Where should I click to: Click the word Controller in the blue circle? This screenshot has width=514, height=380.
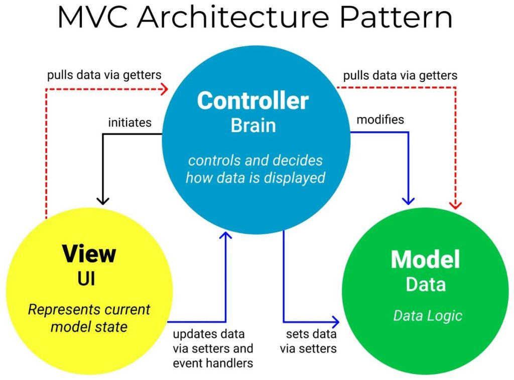point(252,101)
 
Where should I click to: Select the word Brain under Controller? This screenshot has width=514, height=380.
point(253,125)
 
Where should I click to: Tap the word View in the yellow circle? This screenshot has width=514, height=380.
point(89,254)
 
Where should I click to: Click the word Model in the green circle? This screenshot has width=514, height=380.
point(425,259)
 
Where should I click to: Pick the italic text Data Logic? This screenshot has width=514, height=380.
point(427,316)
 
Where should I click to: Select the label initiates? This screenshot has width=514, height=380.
point(130,123)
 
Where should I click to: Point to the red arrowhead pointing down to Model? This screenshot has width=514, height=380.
point(456,204)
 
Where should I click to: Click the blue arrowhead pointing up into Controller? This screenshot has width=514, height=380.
point(227,236)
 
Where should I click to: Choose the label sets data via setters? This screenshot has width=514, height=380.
point(311,341)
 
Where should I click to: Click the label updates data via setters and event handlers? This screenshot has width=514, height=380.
point(213,348)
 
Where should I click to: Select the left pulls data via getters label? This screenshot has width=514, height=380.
point(104,75)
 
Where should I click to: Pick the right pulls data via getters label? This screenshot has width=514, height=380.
point(400,75)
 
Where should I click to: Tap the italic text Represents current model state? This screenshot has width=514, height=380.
point(89,318)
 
